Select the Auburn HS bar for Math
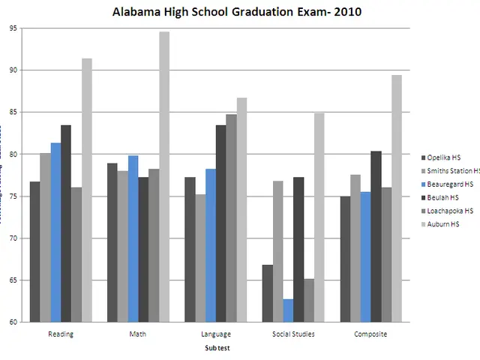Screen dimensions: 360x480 [164, 177]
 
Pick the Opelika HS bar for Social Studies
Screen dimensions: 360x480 [268, 293]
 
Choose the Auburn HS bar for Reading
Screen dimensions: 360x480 [87, 190]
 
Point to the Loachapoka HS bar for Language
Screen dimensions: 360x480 [231, 218]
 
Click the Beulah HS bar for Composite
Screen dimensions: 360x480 [376, 236]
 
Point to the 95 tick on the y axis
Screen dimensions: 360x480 [13, 28]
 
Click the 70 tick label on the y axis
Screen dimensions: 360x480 [13, 238]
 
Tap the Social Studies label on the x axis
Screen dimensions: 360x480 [293, 334]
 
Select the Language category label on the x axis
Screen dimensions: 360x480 [216, 334]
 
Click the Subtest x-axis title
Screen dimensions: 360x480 [217, 349]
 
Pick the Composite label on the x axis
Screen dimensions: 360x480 [370, 334]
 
